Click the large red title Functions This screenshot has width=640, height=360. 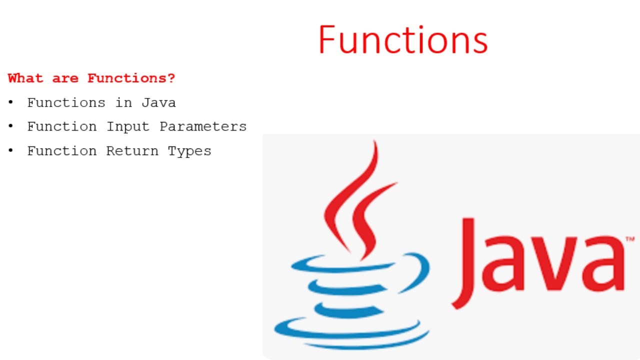[x=402, y=40]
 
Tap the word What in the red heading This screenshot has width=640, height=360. [x=25, y=78]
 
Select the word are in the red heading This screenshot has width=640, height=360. [x=65, y=78]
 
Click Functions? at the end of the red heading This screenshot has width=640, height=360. [x=131, y=78]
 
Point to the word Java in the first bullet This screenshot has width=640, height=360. [x=158, y=103]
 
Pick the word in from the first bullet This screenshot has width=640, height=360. [x=123, y=103]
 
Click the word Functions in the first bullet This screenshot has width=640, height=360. [x=66, y=103]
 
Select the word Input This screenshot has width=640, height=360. [x=128, y=126]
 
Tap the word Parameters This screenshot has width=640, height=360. [x=203, y=126]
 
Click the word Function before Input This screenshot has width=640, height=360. [x=62, y=126]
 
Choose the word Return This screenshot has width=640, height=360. [x=132, y=151]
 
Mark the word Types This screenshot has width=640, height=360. [x=189, y=151]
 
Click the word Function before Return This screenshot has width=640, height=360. [x=62, y=151]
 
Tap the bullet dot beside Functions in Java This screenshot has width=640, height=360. [x=10, y=102]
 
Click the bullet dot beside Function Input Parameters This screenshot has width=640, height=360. [x=10, y=126]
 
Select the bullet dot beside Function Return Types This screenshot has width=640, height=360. [x=10, y=150]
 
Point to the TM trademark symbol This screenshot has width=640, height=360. [x=630, y=240]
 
